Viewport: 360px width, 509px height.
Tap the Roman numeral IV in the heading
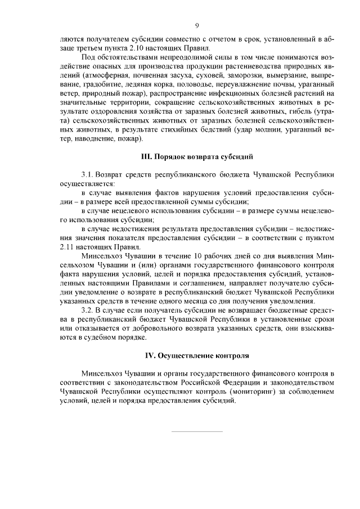point(151,356)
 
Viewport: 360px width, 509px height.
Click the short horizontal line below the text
point(196,431)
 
